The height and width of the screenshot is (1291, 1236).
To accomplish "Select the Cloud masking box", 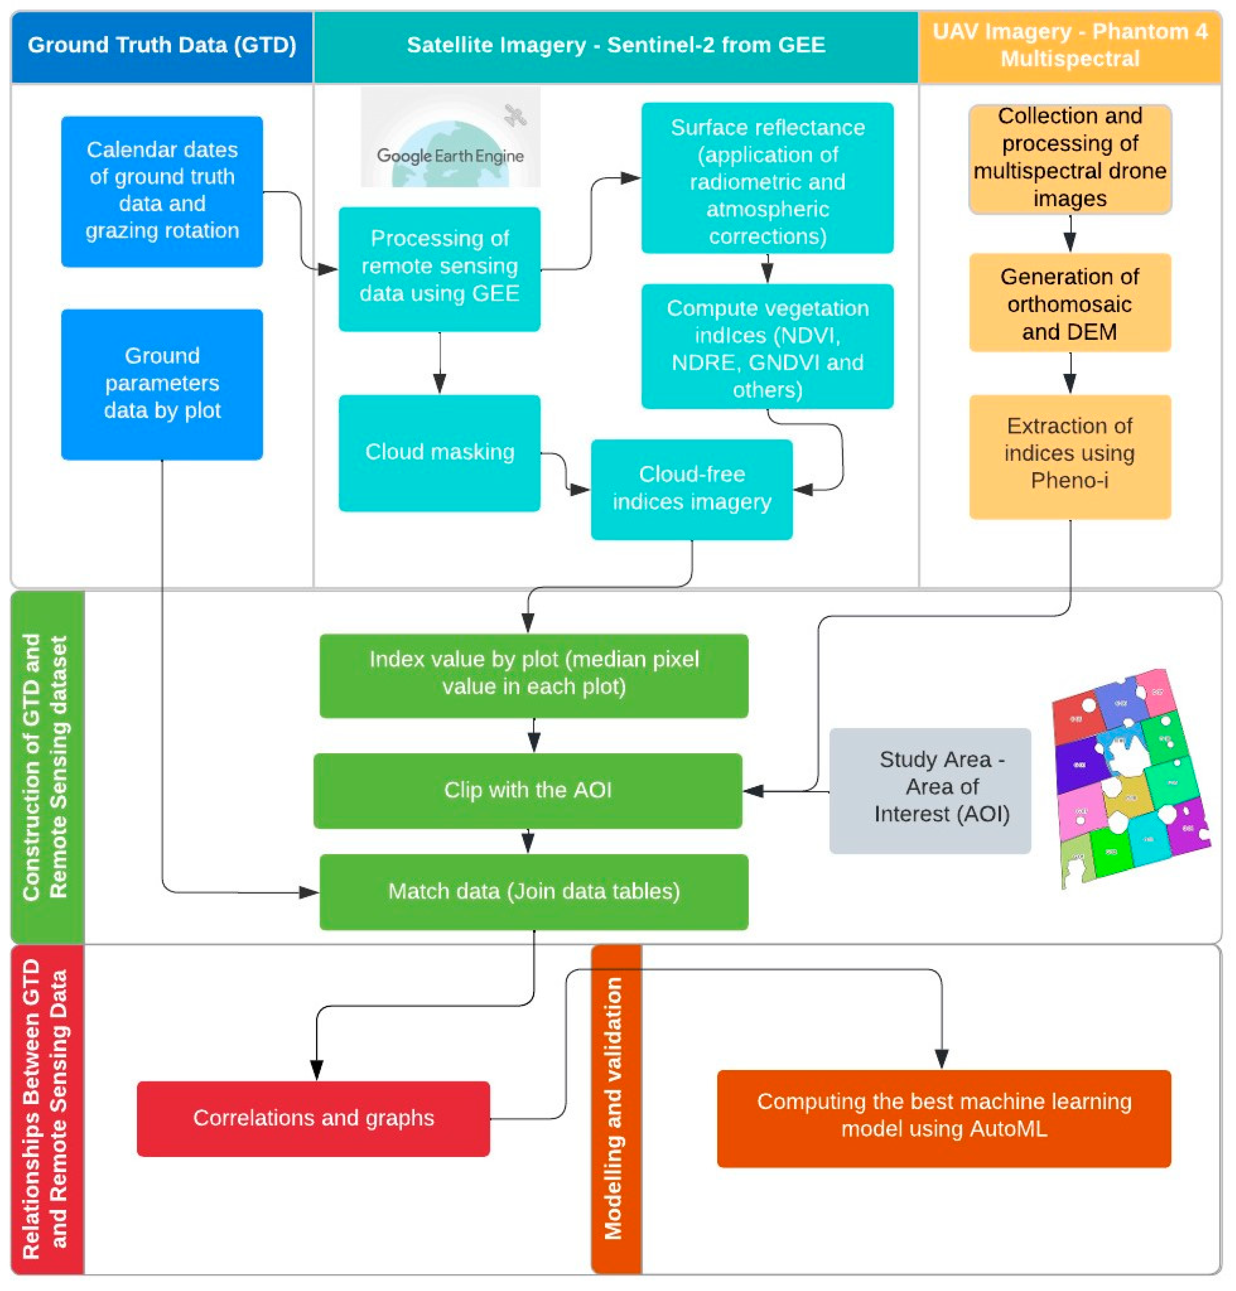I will coord(439,453).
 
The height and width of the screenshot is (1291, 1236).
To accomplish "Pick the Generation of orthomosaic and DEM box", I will coord(1070,303).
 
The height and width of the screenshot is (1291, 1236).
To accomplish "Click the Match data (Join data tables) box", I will coord(533,891).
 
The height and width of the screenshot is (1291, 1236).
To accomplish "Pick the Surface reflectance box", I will coord(767,178).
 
